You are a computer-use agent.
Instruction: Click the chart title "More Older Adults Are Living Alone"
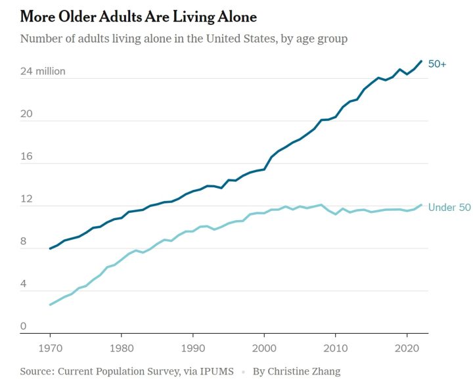coord(138,16)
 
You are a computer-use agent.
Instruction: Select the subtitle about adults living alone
coord(183,39)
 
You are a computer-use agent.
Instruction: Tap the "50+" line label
coord(437,64)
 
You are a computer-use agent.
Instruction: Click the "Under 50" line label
coord(449,208)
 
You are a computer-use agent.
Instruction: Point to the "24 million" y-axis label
coord(43,71)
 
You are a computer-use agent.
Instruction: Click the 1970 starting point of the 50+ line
coord(50,248)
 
